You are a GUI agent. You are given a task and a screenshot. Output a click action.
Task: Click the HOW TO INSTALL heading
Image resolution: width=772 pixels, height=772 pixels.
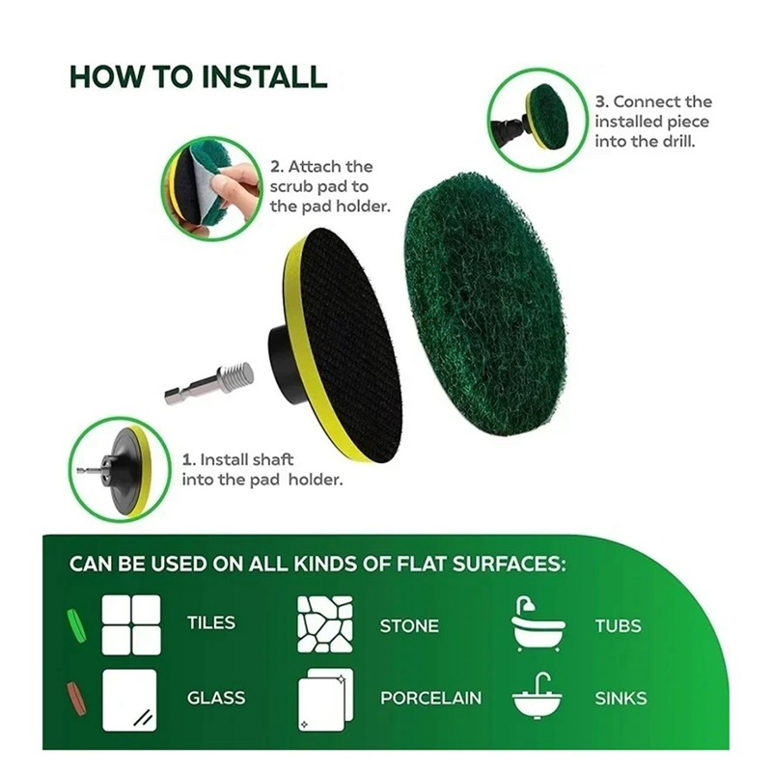199,76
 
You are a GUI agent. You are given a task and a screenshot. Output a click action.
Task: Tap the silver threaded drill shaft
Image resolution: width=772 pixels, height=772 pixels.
209,383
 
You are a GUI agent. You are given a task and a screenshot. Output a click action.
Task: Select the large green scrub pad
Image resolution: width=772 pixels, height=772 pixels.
485,304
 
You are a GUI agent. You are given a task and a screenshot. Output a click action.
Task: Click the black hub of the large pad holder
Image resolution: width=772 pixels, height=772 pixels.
282,365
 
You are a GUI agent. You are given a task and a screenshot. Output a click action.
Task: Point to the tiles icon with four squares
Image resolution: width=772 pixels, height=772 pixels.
131,624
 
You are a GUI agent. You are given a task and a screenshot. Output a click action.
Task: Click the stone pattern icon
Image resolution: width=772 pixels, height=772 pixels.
325,624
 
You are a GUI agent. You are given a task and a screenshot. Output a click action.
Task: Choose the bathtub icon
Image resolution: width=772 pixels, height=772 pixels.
538,623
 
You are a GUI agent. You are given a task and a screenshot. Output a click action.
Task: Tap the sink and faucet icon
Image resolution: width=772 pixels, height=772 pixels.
538,695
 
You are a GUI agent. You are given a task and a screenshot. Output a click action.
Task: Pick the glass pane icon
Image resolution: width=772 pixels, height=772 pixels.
129,700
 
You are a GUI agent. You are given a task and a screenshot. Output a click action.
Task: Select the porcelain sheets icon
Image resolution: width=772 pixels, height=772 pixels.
325,700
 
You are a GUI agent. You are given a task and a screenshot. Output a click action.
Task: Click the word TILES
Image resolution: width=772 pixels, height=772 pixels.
211,622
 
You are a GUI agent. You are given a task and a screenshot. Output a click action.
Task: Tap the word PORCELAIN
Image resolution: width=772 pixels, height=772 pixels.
430,698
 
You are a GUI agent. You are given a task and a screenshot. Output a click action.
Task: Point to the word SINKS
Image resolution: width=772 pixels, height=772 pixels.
620,698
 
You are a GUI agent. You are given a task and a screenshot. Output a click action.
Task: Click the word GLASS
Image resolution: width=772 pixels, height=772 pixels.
216,698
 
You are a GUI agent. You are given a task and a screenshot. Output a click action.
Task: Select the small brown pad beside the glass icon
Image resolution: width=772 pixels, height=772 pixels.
76,698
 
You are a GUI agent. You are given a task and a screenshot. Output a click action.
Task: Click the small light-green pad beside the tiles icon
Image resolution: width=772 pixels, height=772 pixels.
76,625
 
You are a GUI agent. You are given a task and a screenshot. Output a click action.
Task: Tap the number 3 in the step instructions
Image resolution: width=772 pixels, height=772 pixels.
601,102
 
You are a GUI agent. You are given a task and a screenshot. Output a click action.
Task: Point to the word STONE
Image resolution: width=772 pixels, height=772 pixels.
409,625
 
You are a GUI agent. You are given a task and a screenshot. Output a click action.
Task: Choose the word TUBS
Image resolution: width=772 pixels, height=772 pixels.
619,625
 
